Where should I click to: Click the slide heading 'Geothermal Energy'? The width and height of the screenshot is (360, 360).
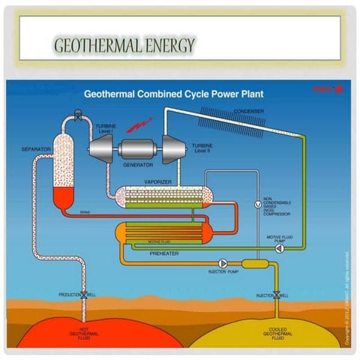[124, 45]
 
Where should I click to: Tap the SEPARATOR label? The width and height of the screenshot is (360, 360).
[36, 149]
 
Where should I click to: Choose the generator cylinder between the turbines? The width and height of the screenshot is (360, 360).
[139, 146]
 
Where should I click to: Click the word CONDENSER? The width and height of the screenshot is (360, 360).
[248, 111]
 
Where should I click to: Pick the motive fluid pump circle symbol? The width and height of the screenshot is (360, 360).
[280, 247]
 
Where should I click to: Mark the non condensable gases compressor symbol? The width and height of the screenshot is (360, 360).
[256, 204]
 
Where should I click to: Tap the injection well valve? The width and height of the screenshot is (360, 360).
[277, 294]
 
